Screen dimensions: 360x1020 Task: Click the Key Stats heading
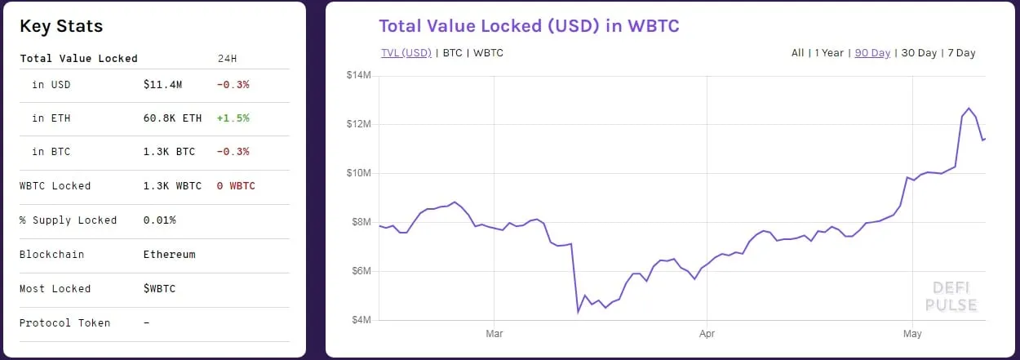coord(61,26)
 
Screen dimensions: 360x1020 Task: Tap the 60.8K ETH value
coord(172,118)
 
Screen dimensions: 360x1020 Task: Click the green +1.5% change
coord(233,118)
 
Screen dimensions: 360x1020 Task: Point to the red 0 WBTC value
coord(236,186)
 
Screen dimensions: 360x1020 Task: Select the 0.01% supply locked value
coord(159,220)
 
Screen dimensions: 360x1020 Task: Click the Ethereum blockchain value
coord(169,255)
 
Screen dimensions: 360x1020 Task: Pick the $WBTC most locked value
coord(159,289)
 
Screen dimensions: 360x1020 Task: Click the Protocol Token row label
coord(64,323)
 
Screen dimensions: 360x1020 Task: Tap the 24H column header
coord(227,59)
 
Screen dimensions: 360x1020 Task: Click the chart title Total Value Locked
coord(529,26)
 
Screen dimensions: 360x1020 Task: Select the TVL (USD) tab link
coord(406,53)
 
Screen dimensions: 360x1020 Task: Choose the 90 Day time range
coord(872,53)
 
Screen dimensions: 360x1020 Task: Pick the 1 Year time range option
coord(829,53)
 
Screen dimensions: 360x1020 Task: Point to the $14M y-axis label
coord(360,76)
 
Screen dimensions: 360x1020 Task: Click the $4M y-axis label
coord(360,320)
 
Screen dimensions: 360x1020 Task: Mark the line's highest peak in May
coord(969,109)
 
